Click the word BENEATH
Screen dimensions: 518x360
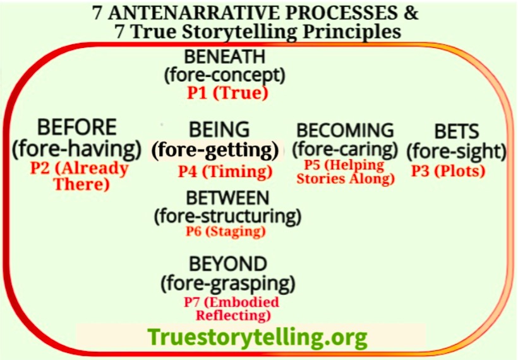[x=225, y=56]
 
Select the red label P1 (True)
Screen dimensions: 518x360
[x=227, y=93]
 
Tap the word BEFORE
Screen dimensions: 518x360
[x=77, y=127]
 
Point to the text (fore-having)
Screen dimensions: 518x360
[x=77, y=149]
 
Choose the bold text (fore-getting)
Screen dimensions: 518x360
[x=215, y=150]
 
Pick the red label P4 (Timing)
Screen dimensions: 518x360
[x=226, y=171]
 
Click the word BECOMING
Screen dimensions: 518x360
[x=345, y=130]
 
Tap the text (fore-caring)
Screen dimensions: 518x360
[x=345, y=149]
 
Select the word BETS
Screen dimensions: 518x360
[x=457, y=131]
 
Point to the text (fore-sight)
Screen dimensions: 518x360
[x=457, y=152]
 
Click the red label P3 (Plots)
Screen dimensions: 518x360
[x=449, y=171]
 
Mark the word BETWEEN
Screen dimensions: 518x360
[x=227, y=198]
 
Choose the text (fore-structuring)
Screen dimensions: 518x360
[x=227, y=217]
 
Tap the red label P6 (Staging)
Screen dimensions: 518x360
[x=226, y=231]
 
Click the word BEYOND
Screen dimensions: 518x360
[x=228, y=264]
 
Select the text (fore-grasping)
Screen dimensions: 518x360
[x=228, y=283]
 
